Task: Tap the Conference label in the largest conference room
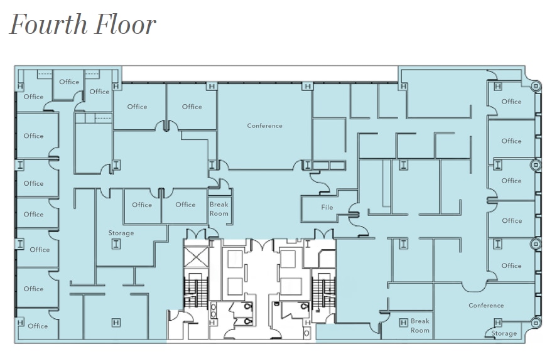(264, 126)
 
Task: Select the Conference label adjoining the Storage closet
(486, 306)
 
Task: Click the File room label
(327, 208)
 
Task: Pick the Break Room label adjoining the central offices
(219, 209)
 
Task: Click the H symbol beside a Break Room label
(403, 323)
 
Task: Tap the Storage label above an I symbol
(121, 233)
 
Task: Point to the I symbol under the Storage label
(116, 244)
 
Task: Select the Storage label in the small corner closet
(504, 333)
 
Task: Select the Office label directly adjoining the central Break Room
(185, 205)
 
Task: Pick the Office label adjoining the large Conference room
(192, 107)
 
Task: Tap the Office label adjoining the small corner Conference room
(511, 265)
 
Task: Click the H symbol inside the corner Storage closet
(497, 323)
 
